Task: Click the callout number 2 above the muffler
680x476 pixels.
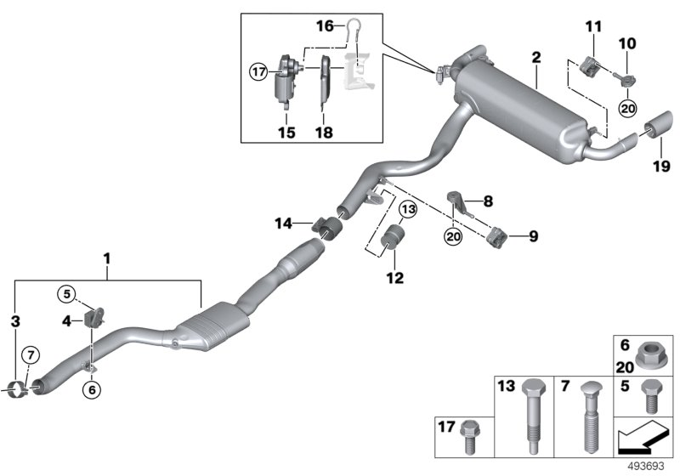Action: [536, 58]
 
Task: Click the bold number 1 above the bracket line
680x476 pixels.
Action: [107, 256]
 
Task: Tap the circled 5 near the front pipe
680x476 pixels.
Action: [67, 294]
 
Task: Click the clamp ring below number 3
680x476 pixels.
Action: [14, 391]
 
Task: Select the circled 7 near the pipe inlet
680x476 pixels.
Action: [29, 353]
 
